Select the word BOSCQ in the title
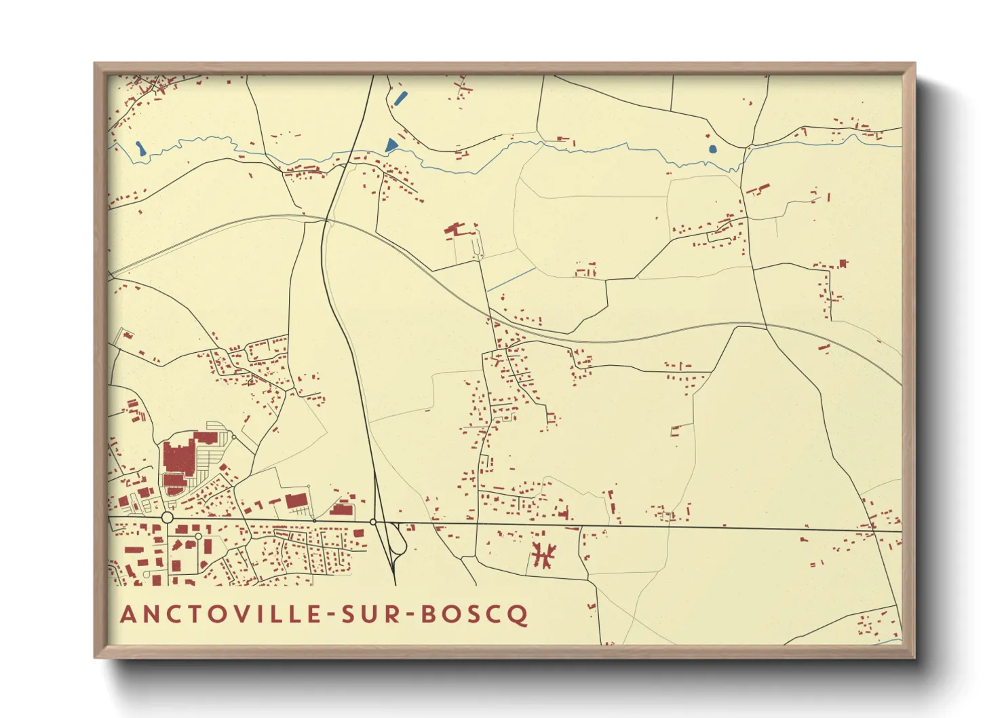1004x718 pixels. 475,614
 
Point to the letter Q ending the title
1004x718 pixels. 519,615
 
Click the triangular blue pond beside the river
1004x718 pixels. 391,145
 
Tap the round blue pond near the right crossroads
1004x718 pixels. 712,149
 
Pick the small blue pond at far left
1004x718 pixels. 140,148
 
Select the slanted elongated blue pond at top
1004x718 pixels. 400,98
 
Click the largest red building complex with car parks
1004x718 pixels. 178,461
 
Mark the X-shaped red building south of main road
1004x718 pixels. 543,554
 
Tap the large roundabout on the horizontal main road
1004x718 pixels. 168,518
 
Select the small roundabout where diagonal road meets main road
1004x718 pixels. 373,522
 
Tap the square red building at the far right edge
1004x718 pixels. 843,263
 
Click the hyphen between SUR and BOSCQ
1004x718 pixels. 408,615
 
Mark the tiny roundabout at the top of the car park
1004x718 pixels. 234,436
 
